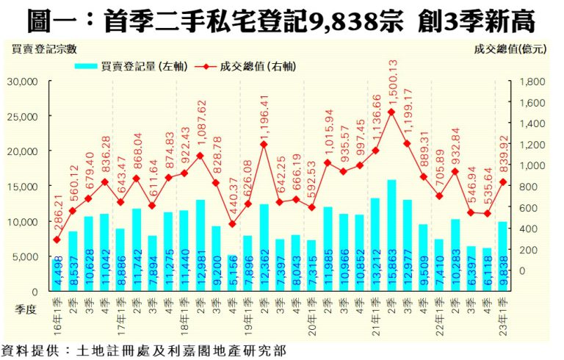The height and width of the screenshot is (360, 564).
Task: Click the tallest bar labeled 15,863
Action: coord(392,235)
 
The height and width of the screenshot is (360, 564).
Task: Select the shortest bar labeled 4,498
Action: coord(57,276)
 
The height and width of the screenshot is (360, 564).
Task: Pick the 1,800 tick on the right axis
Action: coord(532,82)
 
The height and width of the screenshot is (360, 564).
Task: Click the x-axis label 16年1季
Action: coord(57,311)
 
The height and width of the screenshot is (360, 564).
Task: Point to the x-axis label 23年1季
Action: coord(503,311)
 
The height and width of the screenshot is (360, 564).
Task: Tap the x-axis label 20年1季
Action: coord(311,311)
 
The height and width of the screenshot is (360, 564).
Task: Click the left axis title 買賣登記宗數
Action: coord(44,49)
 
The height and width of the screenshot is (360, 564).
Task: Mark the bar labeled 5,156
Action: coord(232,273)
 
